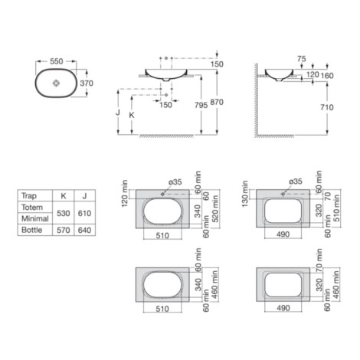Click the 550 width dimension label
point(56,61)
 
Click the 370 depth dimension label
point(87,83)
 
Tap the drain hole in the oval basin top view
point(56,83)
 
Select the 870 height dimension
point(217,102)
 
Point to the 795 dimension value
point(201,105)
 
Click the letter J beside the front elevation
point(118,112)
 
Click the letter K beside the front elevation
point(132,115)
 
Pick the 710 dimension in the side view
point(327,107)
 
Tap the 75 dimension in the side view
point(302,59)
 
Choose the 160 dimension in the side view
point(327,76)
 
